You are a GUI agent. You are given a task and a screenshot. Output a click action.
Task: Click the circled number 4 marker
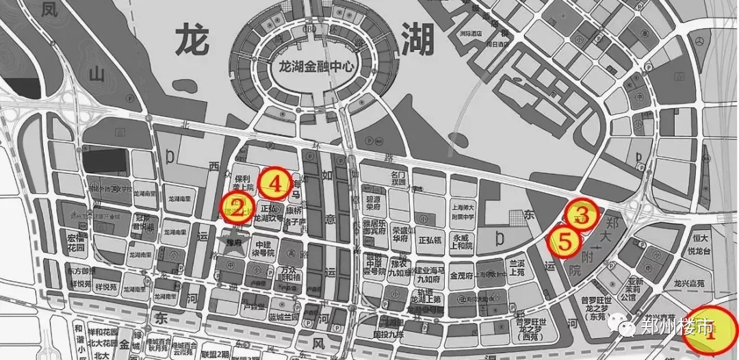pos(275,183)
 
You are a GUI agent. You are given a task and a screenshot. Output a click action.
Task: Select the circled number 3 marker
pos(582,216)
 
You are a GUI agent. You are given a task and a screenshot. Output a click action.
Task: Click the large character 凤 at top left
pos(49,10)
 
